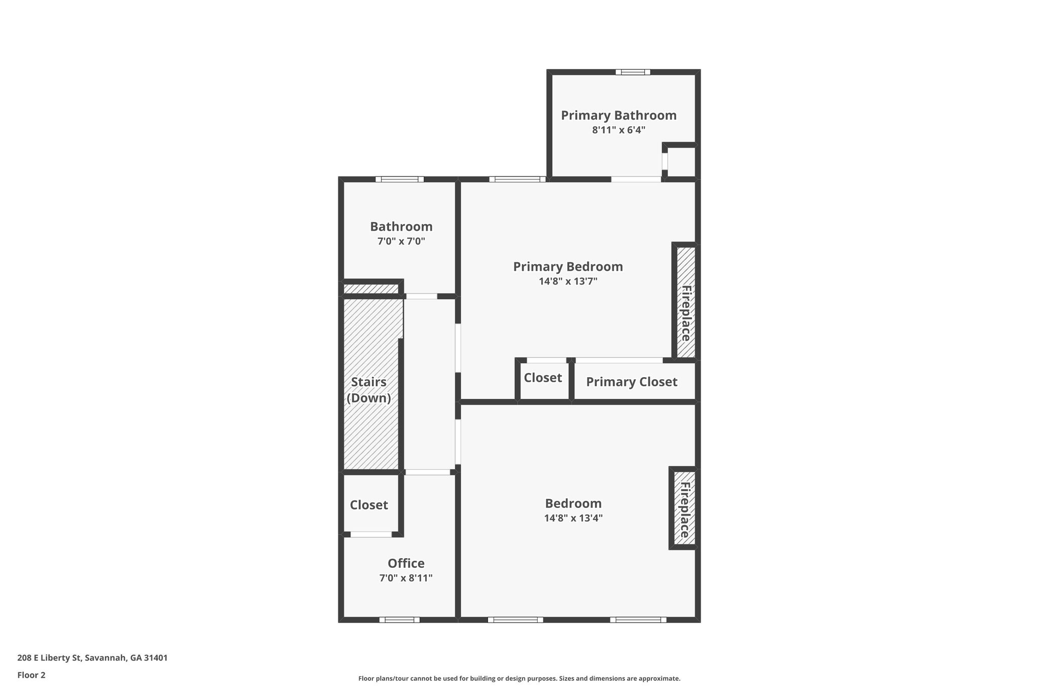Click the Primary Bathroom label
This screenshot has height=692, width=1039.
(618, 116)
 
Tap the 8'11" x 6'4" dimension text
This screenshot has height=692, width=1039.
(618, 130)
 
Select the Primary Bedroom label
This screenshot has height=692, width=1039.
(568, 267)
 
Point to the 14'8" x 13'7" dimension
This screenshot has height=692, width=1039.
(568, 281)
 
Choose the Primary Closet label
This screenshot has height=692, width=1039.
(632, 382)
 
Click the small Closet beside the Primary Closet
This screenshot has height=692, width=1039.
(543, 378)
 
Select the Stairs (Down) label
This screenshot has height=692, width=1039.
(369, 390)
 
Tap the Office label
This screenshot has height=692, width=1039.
(406, 563)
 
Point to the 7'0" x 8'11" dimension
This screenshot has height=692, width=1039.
(406, 578)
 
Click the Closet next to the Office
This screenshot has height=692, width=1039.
(369, 505)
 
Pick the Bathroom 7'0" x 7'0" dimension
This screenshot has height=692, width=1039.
(401, 241)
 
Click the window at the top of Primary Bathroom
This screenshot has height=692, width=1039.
(633, 72)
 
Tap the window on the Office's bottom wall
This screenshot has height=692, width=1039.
(399, 620)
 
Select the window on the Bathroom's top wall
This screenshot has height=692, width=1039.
(400, 179)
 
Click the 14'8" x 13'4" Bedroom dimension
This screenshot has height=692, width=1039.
(573, 518)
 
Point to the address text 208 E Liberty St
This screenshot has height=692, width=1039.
(49, 658)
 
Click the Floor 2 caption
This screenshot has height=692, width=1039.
(31, 675)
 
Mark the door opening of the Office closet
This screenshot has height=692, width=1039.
(371, 534)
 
